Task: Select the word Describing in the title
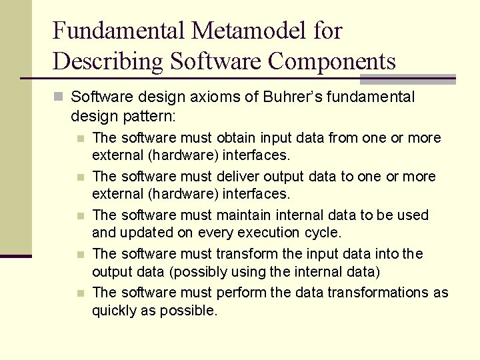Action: [107, 61]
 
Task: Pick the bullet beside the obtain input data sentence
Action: [80, 139]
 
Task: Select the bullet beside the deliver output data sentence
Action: [80, 177]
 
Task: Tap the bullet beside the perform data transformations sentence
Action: [80, 293]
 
